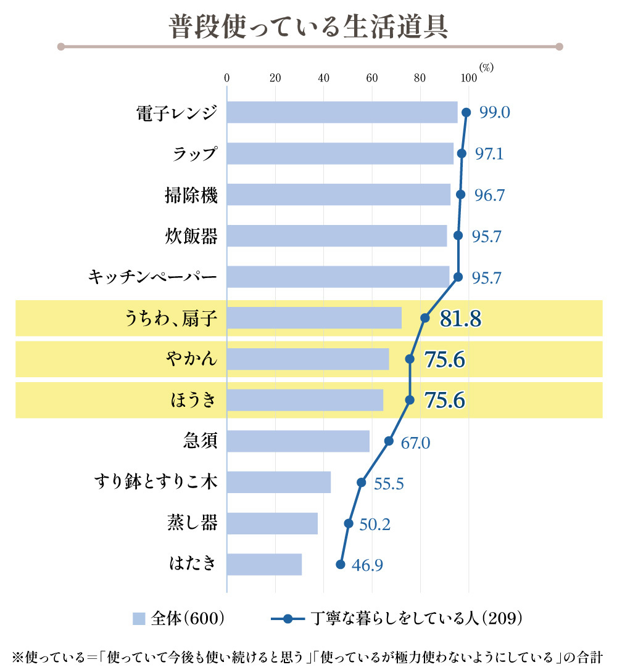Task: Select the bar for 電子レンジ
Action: pyautogui.click(x=342, y=112)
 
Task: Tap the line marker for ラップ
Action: pyautogui.click(x=462, y=153)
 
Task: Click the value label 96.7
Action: pyautogui.click(x=489, y=195)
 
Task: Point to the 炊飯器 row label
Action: pyautogui.click(x=191, y=235)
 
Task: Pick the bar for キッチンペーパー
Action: pyautogui.click(x=338, y=277)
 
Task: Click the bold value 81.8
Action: pyautogui.click(x=460, y=319)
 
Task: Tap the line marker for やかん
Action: pyautogui.click(x=410, y=359)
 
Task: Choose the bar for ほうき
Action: pyautogui.click(x=305, y=400)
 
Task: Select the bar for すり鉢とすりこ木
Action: pyautogui.click(x=279, y=482)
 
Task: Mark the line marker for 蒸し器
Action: pyautogui.click(x=349, y=523)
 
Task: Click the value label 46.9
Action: pyautogui.click(x=367, y=565)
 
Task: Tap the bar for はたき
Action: pyautogui.click(x=264, y=565)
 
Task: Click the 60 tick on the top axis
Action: pyautogui.click(x=371, y=78)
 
